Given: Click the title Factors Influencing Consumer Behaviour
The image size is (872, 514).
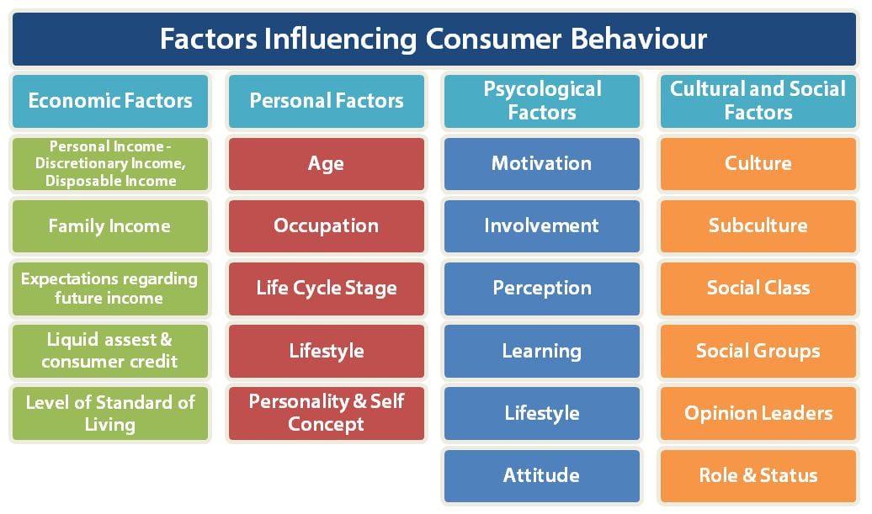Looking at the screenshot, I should pyautogui.click(x=433, y=39).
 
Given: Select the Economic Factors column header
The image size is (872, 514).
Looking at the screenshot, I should pyautogui.click(x=109, y=101).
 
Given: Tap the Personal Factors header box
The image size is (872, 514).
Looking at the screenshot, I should pyautogui.click(x=327, y=101).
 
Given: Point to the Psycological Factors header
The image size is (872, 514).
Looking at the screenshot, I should pyautogui.click(x=542, y=101).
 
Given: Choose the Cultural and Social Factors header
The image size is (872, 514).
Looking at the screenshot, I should pyautogui.click(x=758, y=101).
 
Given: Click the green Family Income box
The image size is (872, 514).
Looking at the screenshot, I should pyautogui.click(x=109, y=225).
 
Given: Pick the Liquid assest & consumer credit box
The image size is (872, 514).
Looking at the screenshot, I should pyautogui.click(x=109, y=351).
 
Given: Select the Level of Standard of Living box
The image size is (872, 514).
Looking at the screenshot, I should pyautogui.click(x=109, y=413).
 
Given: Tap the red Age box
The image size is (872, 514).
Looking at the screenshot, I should pyautogui.click(x=327, y=163).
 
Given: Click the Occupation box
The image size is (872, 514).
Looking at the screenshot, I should pyautogui.click(x=327, y=225).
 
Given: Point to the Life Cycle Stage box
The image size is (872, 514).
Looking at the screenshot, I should pyautogui.click(x=327, y=288).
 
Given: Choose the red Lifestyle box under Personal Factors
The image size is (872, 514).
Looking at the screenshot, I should pyautogui.click(x=327, y=351).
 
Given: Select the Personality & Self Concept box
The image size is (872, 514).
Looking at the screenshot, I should pyautogui.click(x=327, y=413).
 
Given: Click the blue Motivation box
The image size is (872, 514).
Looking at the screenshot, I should pyautogui.click(x=542, y=163).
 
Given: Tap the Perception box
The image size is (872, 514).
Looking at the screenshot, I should pyautogui.click(x=542, y=288).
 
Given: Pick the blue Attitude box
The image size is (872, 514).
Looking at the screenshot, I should pyautogui.click(x=542, y=475).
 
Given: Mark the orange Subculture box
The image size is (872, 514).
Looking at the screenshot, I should pyautogui.click(x=758, y=225).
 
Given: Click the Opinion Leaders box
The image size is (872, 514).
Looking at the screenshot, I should pyautogui.click(x=758, y=413).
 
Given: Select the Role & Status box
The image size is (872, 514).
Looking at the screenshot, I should pyautogui.click(x=758, y=475).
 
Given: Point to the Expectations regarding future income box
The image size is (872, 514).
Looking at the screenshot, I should pyautogui.click(x=109, y=288).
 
